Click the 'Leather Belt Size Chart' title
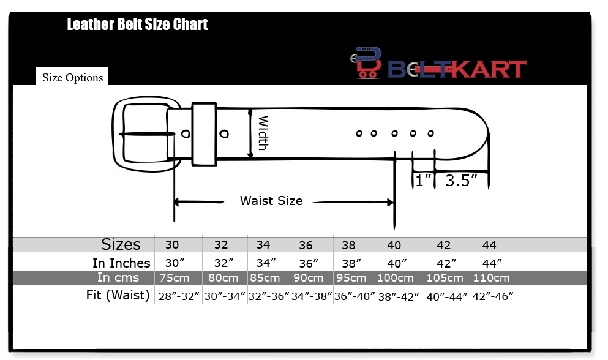click(137, 24)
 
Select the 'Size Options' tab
click(72, 77)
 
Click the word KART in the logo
click(490, 69)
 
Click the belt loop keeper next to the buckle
click(204, 134)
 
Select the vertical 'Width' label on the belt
click(263, 133)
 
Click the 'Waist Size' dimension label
click(271, 201)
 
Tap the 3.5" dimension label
click(461, 181)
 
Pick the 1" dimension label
click(423, 181)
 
